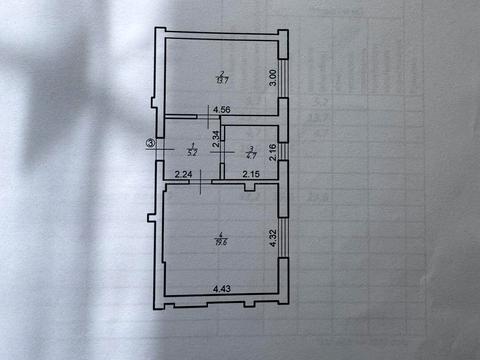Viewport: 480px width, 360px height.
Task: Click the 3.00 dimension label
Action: pos(272,76)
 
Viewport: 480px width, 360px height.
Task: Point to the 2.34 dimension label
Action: pos(215,138)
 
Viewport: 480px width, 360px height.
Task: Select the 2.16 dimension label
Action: pos(272,151)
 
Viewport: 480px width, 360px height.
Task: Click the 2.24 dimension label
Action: pos(184,176)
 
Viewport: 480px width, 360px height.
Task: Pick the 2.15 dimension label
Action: pos(251,176)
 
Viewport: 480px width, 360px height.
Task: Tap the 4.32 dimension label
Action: pos(272,238)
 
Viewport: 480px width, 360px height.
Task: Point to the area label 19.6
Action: pos(221,240)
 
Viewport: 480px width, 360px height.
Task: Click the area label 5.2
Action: pos(192,153)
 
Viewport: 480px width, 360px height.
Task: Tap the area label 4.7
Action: pos(252,153)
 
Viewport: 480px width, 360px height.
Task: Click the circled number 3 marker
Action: pos(150,144)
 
